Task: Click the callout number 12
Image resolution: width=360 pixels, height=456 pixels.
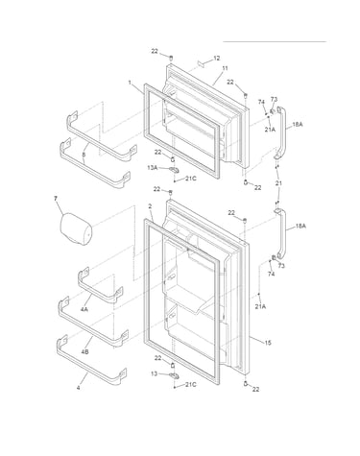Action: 217,59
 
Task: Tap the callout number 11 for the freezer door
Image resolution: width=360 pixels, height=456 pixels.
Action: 225,68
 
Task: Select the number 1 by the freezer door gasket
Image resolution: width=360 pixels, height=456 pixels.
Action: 130,83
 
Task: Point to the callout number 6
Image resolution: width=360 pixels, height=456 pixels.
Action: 84,155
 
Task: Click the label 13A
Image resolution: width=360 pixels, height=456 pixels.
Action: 153,167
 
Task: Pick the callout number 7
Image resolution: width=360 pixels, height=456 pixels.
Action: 56,199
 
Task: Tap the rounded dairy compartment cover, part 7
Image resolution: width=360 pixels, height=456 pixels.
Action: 76,229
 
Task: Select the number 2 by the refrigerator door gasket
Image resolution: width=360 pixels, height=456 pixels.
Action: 150,206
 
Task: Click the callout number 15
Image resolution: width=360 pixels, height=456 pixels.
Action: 268,343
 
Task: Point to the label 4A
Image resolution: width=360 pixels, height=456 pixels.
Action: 84,309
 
